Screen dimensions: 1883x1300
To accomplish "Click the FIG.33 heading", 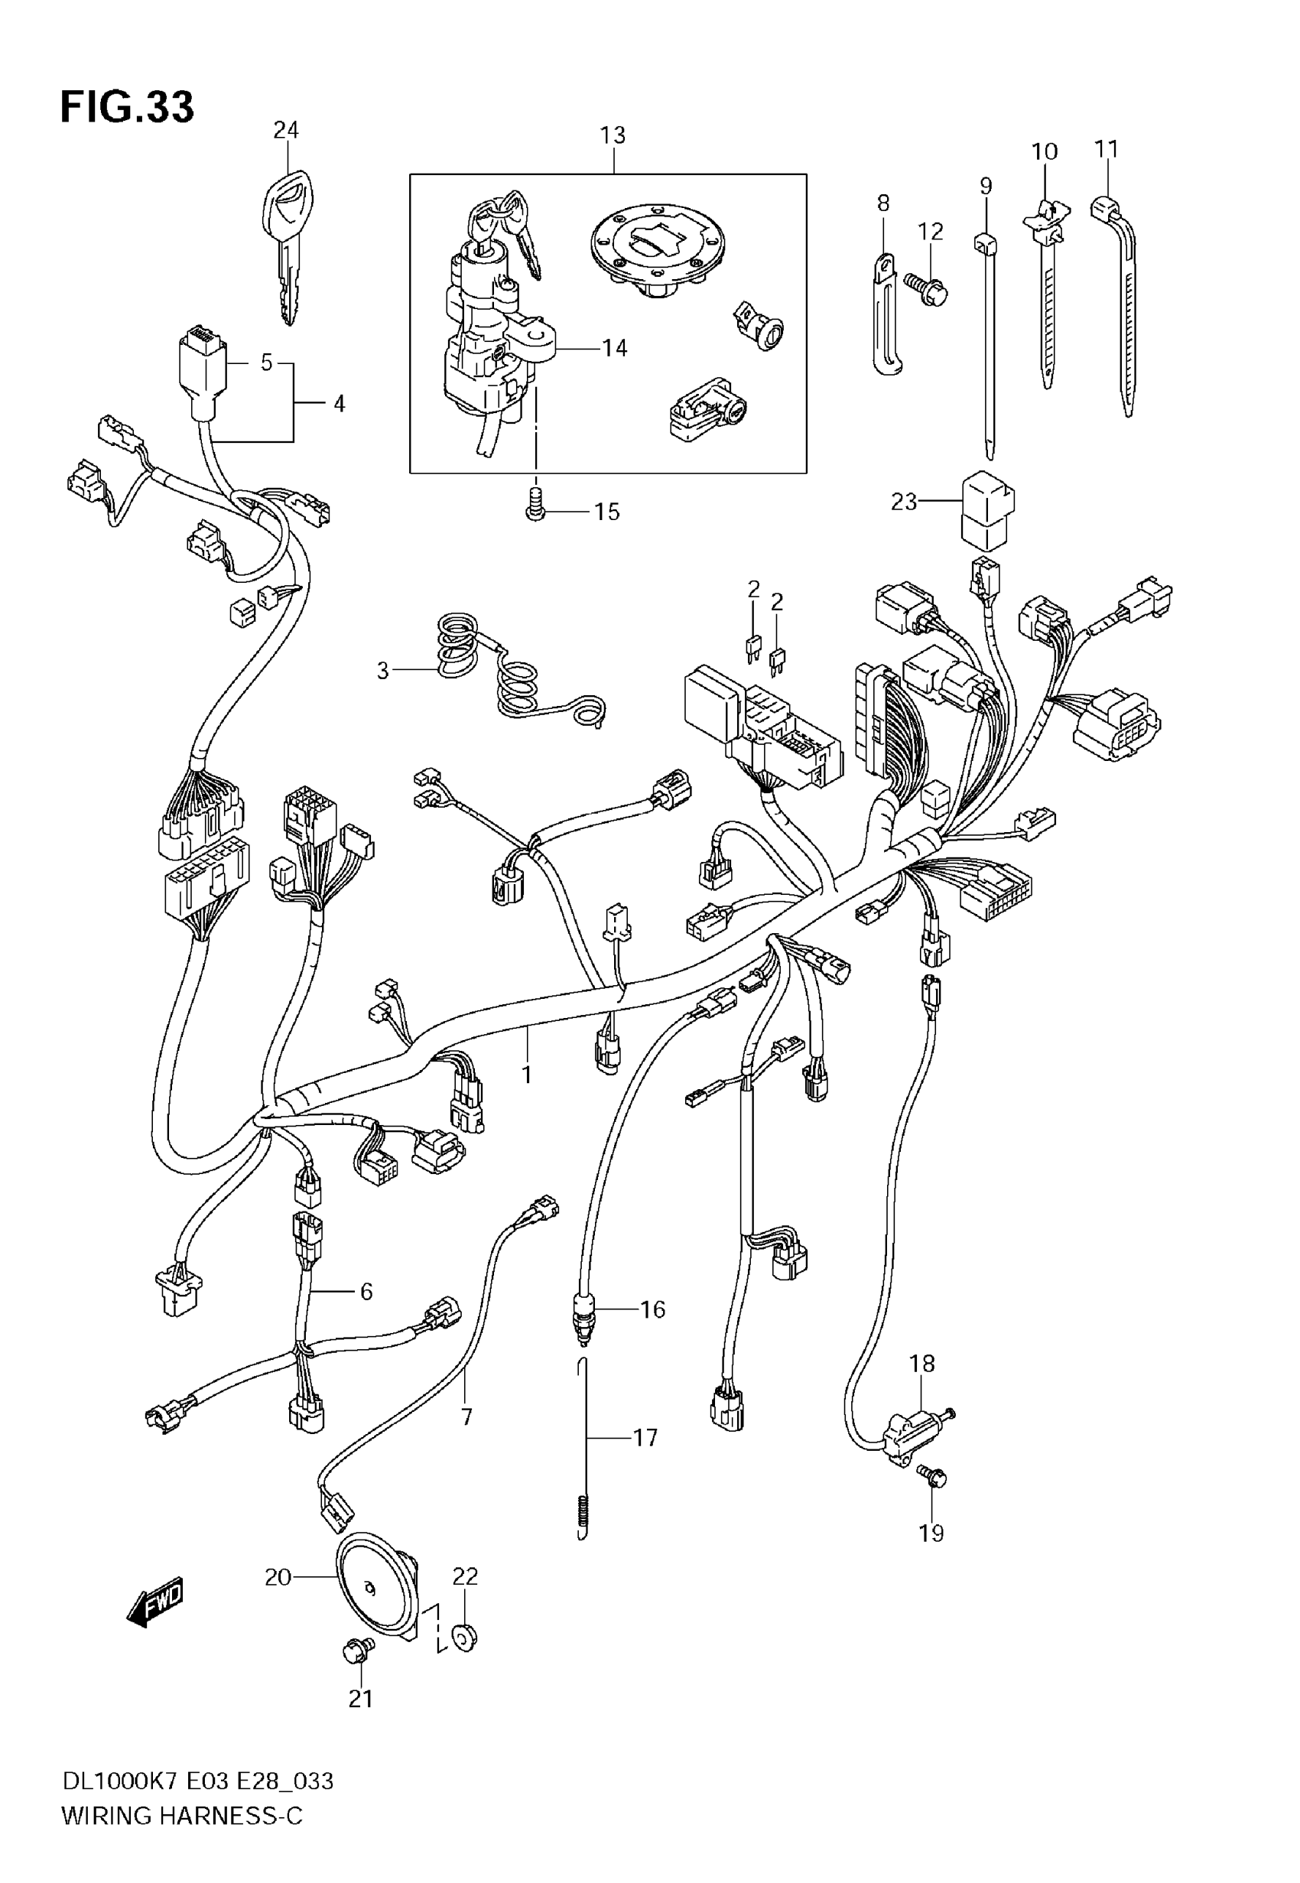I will (127, 106).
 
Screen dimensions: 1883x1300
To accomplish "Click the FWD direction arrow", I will (154, 1604).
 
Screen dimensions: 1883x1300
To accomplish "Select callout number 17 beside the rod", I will (645, 1439).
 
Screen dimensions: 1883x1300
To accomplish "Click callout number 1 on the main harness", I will (527, 1075).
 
